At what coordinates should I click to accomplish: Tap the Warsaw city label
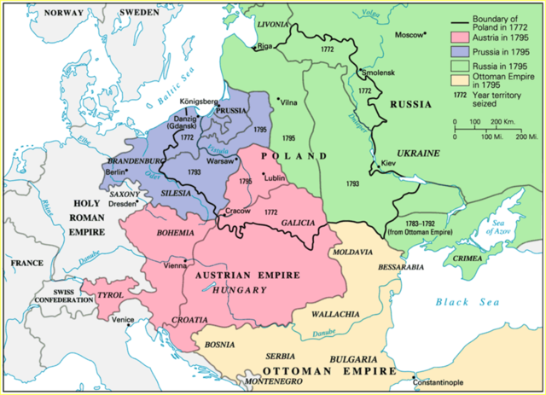coord(221,160)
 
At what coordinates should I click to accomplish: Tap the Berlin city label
coord(114,171)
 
